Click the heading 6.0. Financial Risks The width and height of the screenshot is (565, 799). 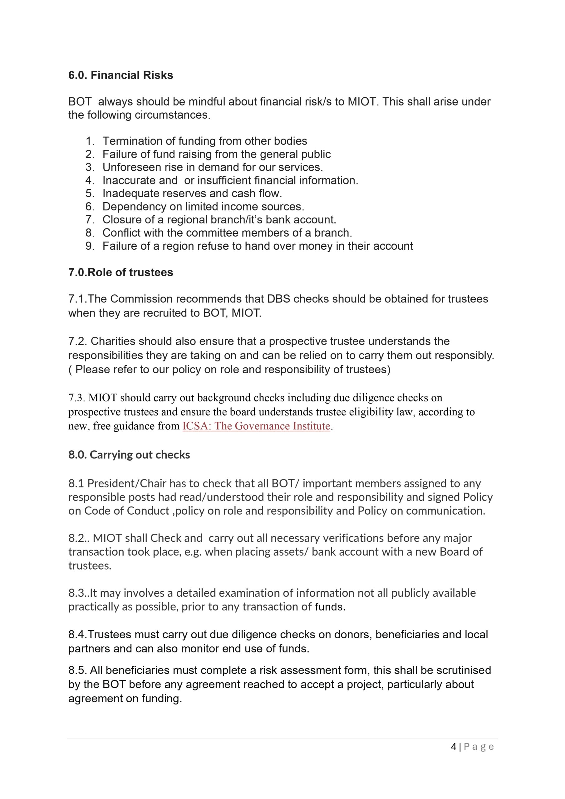120,75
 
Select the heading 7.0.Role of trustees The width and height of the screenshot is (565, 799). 120,272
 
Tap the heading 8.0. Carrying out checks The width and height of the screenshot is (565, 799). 129,454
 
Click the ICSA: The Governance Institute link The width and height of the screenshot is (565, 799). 256,426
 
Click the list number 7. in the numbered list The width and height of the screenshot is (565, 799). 90,220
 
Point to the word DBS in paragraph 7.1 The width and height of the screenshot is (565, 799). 278,299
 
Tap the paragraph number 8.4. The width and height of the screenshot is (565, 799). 77,635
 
